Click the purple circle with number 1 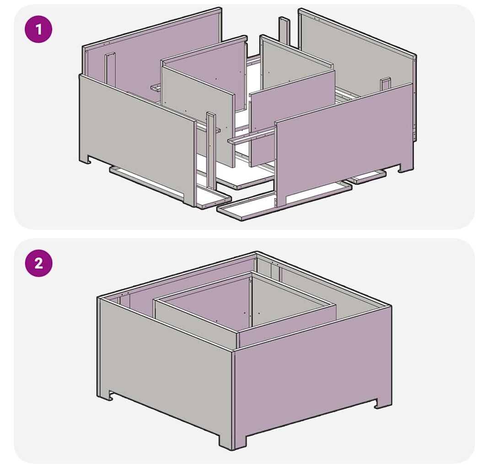pos(38,29)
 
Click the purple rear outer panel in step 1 pos(153,56)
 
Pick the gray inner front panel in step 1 pos(199,115)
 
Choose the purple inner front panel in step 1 pos(292,118)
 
